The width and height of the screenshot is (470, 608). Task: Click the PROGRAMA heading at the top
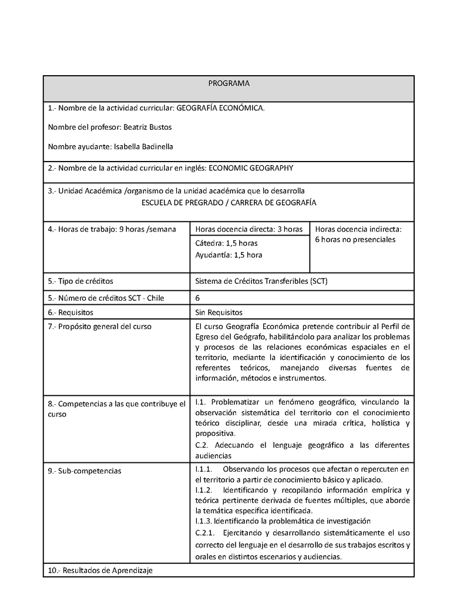pos(229,83)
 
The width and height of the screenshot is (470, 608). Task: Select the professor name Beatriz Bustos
pos(147,127)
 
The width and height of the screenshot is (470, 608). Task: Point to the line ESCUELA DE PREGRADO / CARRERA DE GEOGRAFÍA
pos(229,202)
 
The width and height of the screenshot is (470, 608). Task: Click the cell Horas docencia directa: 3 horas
pos(249,229)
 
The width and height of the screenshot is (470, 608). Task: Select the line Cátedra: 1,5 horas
pos(226,243)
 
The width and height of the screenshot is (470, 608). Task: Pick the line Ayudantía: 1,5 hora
pos(229,255)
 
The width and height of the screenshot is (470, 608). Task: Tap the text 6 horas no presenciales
pos(355,240)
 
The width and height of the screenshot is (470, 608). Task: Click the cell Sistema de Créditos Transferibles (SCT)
pos(261,281)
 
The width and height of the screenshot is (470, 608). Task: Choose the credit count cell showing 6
pos(197,298)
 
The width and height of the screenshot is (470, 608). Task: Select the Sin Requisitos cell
pos(219,313)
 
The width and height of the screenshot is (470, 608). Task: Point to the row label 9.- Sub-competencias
pos(85,471)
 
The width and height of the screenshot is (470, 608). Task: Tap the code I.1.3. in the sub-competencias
pos(203,520)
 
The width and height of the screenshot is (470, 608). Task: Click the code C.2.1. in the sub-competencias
pos(205,533)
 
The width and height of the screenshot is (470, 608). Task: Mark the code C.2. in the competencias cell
pos(202,445)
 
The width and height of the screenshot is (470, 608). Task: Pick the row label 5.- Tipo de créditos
pos(80,281)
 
